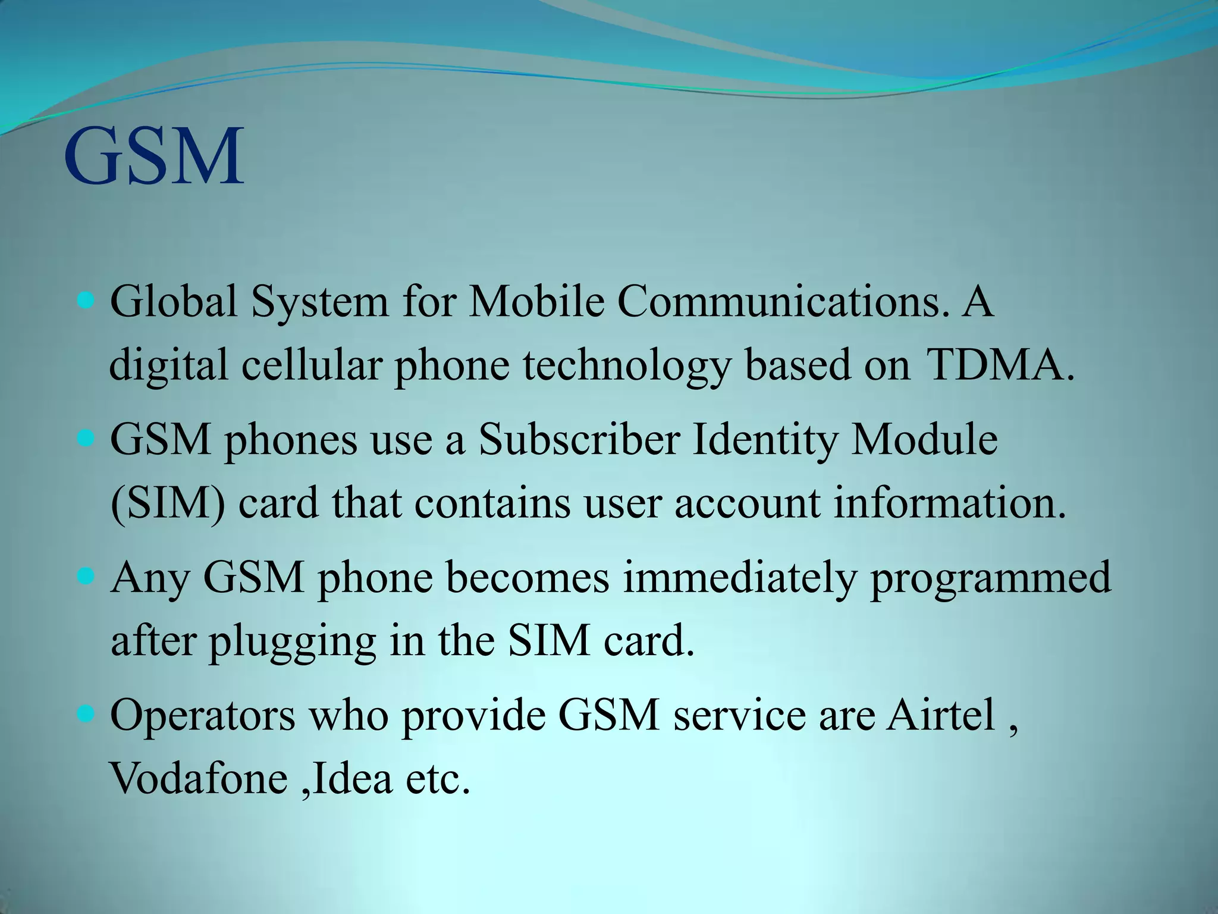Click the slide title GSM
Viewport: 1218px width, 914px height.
point(153,156)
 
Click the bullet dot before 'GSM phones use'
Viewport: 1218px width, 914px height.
point(86,440)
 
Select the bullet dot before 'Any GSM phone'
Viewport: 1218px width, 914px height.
point(86,577)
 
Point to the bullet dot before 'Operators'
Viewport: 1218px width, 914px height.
point(86,713)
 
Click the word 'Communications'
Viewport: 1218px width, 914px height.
point(779,301)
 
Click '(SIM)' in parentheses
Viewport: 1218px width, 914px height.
point(168,503)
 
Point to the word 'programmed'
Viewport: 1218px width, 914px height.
point(990,578)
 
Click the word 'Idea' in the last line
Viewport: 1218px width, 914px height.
point(351,778)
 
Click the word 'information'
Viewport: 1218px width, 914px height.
point(949,503)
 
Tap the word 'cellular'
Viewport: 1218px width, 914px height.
point(311,365)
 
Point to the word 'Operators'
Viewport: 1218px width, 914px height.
point(202,715)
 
